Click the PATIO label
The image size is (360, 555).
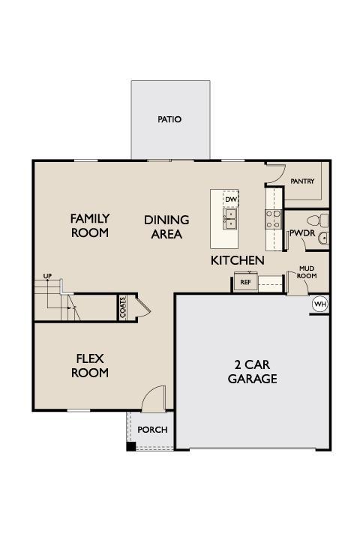pos(169,119)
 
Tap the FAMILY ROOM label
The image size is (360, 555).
pos(90,226)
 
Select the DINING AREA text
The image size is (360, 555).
pos(166,227)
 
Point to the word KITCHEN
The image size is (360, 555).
pos(238,260)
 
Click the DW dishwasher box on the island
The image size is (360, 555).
pos(231,199)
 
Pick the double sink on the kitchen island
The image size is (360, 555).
pos(230,219)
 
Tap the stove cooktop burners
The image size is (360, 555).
pos(273,220)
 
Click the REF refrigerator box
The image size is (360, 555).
pos(246,282)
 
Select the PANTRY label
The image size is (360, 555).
pos(302,181)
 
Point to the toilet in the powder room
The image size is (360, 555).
pos(314,220)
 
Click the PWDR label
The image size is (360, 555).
pos(302,233)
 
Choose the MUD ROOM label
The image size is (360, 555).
pos(307,272)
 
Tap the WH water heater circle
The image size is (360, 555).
pos(320,304)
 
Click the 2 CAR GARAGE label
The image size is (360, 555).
pos(253,372)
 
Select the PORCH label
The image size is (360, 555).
pos(152,430)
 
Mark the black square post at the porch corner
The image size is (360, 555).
pos(131,446)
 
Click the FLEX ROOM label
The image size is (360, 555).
pos(90,366)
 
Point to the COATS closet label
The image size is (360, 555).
pos(123,307)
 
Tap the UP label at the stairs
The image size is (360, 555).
pos(47,276)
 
